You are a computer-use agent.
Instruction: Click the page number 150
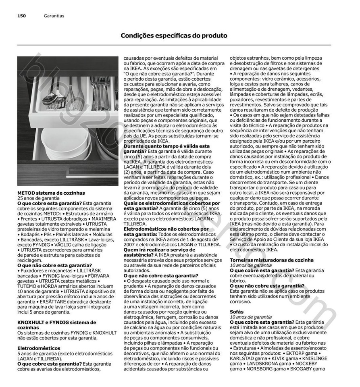(21, 16)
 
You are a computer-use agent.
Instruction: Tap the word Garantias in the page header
(54, 16)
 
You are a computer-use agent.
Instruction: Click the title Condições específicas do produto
(174, 35)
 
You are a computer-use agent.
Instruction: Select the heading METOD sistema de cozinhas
(51, 193)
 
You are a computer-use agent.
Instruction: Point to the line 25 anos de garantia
(38, 198)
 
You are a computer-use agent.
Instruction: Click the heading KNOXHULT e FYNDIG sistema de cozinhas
(56, 325)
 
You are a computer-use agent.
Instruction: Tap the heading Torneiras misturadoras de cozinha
(271, 260)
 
